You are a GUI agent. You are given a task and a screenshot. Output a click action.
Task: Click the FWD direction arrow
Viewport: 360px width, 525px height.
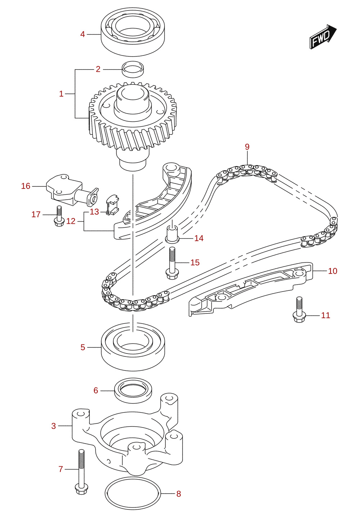(323, 37)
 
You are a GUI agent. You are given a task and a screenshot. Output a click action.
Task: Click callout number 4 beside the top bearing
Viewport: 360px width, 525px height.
(82, 34)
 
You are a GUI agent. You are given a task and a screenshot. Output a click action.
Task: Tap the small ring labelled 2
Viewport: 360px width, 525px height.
(133, 69)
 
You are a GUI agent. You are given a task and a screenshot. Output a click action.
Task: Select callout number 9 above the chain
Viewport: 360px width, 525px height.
(247, 147)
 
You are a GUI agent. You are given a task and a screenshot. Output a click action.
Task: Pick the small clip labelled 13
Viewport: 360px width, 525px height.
(112, 205)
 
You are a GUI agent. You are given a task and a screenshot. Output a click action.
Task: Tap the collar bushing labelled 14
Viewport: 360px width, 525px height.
(172, 233)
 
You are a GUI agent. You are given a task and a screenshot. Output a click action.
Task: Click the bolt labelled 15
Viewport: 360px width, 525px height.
(172, 263)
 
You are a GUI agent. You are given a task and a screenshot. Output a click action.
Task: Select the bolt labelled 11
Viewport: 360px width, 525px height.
(299, 310)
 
